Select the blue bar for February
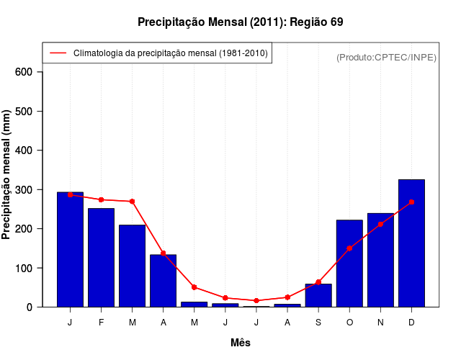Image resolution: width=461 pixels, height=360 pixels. pos(101,258)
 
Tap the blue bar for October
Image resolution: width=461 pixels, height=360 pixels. pos(349,264)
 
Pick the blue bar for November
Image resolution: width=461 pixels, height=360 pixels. pos(380,260)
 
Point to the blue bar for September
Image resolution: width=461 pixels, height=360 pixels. pos(318,295)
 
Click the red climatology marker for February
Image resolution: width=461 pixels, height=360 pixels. pos(101,199)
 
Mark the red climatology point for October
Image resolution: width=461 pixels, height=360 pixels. pos(349,248)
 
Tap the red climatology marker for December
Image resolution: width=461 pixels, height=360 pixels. pos(411,202)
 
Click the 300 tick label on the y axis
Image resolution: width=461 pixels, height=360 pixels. pos(24,190)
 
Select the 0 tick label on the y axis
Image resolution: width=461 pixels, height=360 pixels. pos(29,307)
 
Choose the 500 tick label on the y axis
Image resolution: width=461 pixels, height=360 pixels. pos(24,112)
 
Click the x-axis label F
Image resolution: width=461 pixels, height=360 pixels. pos(101,323)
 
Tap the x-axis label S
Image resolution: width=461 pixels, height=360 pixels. pos(318,323)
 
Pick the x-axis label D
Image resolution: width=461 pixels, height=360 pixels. pos(411,323)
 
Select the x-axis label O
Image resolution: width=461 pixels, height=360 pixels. pos(349,323)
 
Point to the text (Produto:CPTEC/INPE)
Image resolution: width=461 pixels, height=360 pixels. pos(387,57)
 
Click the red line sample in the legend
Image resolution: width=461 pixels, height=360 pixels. pos(58,53)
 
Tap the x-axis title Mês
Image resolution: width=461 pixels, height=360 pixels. pos(241,343)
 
